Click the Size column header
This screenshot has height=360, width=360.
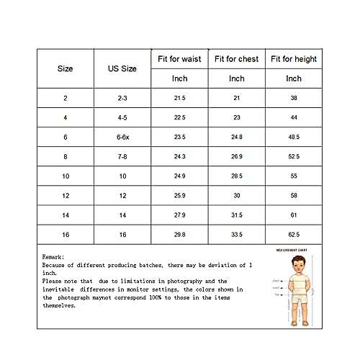66,68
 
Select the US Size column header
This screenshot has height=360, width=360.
122,68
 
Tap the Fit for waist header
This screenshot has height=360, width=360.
179,58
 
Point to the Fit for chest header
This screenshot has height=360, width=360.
236,58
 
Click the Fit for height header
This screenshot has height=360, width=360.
294,58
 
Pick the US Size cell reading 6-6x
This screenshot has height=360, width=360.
122,137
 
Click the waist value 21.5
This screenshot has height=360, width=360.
179,97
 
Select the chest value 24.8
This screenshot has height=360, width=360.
236,137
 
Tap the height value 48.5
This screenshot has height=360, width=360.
294,137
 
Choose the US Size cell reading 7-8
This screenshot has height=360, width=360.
122,156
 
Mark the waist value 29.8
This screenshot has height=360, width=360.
179,235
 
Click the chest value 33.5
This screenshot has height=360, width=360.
236,235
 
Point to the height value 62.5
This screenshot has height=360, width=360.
294,235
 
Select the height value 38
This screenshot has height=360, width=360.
294,97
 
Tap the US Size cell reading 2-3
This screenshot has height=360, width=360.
122,97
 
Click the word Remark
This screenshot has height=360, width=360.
53,256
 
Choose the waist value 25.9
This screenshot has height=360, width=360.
179,196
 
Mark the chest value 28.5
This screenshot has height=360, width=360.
236,176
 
